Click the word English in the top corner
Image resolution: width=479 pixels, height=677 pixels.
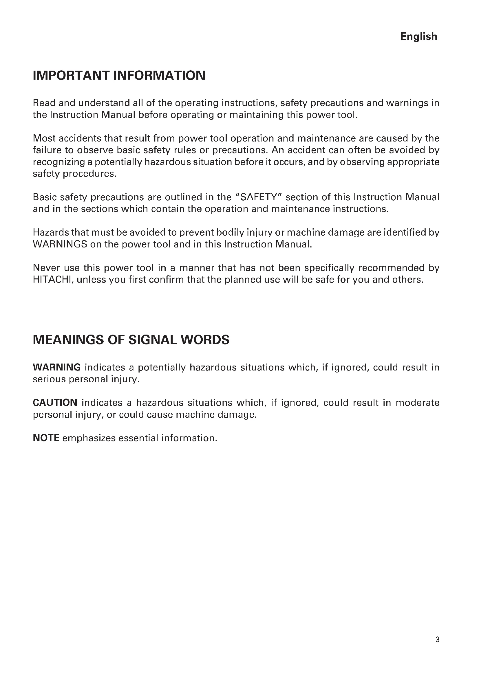point(418,36)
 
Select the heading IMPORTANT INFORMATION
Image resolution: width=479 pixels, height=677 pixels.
point(119,76)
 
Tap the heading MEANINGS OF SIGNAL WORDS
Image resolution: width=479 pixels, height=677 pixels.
point(131,340)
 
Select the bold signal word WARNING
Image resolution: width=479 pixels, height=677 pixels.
point(57,367)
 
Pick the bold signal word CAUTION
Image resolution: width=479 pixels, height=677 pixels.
point(55,403)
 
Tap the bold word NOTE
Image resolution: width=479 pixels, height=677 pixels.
point(46,438)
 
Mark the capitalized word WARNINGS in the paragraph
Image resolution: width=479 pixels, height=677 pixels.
point(60,244)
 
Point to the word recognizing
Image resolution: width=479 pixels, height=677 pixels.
point(59,162)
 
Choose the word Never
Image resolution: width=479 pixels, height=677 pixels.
point(46,268)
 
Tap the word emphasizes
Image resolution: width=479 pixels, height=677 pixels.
point(89,438)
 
